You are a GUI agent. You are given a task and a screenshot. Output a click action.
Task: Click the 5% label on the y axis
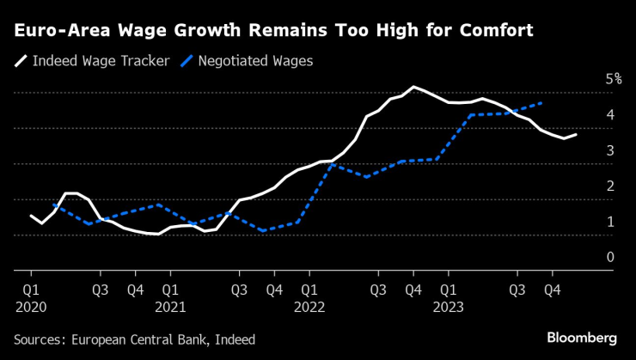(x=613, y=79)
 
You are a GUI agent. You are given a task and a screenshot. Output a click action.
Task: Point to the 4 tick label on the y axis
(x=609, y=114)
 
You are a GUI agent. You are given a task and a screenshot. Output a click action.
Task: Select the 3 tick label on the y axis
(x=609, y=150)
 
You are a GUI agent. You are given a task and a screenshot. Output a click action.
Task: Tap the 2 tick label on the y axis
(x=609, y=186)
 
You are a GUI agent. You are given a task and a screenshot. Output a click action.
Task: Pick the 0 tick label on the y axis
(x=609, y=257)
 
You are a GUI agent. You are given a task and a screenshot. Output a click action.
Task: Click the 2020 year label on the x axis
(x=30, y=305)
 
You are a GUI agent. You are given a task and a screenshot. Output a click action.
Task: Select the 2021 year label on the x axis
(x=170, y=305)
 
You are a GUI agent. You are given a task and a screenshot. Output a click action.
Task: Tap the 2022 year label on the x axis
(x=309, y=305)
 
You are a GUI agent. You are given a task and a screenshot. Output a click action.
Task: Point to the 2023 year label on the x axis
(x=449, y=305)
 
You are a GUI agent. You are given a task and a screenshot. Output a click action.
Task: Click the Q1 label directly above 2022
(x=309, y=289)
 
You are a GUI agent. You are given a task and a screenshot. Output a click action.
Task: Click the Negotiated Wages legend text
(x=254, y=61)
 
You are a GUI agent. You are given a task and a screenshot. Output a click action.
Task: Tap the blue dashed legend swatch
(x=183, y=61)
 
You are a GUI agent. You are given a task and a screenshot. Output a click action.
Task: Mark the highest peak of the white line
(x=413, y=87)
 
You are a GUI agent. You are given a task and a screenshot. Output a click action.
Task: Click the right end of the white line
(x=576, y=134)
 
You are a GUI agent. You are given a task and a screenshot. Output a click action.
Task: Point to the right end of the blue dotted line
(x=541, y=103)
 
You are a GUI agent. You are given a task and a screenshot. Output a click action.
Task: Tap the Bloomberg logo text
(x=584, y=336)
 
